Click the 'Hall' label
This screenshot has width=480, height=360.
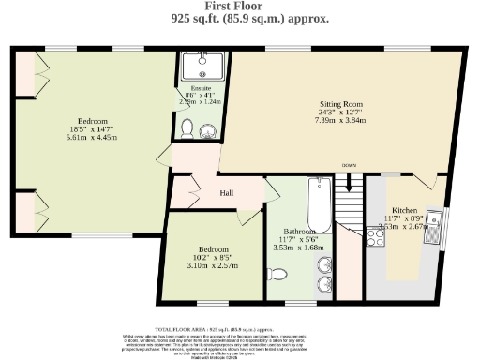point(227,193)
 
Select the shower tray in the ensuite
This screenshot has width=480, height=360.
point(199,66)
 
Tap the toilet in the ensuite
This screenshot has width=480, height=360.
point(187,127)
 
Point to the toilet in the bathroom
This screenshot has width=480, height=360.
point(277,274)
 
